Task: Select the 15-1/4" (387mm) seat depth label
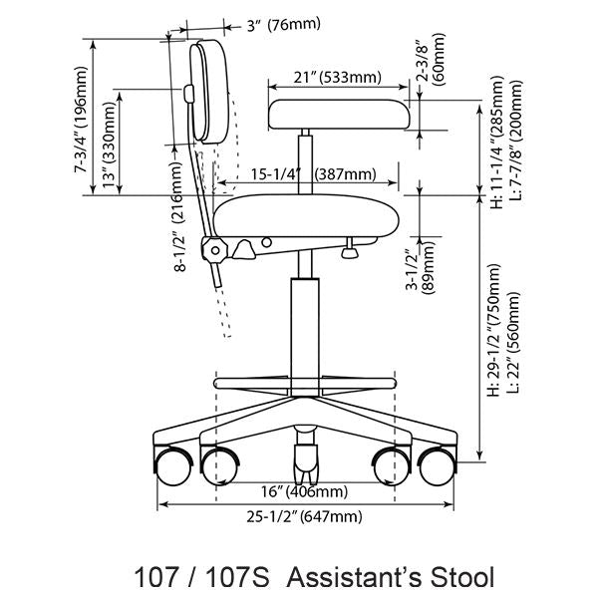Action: [x=313, y=174]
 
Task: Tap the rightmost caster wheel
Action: [x=437, y=464]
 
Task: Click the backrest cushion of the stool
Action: [x=213, y=92]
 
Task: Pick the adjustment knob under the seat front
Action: [x=350, y=253]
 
